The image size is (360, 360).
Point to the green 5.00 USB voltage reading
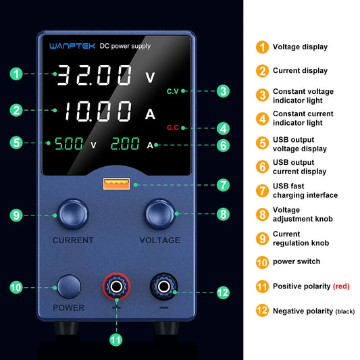[69, 143]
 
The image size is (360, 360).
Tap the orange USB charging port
[109, 184]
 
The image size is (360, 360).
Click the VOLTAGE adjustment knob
[159, 215]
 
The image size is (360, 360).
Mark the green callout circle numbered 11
[116, 339]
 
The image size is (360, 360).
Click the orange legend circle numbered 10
[261, 261]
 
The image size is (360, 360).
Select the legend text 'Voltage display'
[300, 47]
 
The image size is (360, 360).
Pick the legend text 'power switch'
[297, 261]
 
